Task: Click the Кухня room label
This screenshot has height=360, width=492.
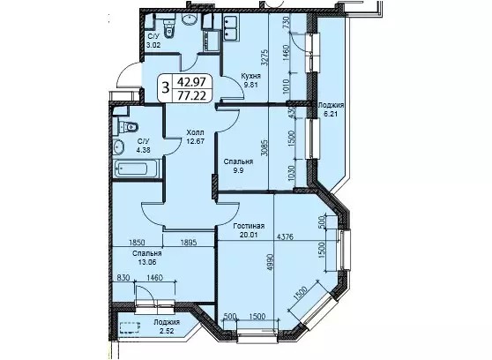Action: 250,76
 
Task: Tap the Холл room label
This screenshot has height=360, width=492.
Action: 195,132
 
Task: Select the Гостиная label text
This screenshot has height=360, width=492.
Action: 249,226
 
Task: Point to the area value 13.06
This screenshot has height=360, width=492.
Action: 147,262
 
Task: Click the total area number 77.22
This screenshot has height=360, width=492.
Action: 191,94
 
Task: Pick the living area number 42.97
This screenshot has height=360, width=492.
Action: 191,82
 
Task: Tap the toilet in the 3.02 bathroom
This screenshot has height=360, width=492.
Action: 168,28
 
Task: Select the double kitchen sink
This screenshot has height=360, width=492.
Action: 230,27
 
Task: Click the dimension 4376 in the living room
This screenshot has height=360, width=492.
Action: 285,236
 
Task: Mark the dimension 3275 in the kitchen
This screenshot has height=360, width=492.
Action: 265,56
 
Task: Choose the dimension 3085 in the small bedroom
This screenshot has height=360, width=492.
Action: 265,148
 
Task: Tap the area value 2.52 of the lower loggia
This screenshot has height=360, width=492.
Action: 167,331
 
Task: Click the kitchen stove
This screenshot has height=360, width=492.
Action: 212,41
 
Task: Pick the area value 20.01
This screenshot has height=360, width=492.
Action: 250,235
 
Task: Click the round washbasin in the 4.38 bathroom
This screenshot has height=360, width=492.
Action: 119,147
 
